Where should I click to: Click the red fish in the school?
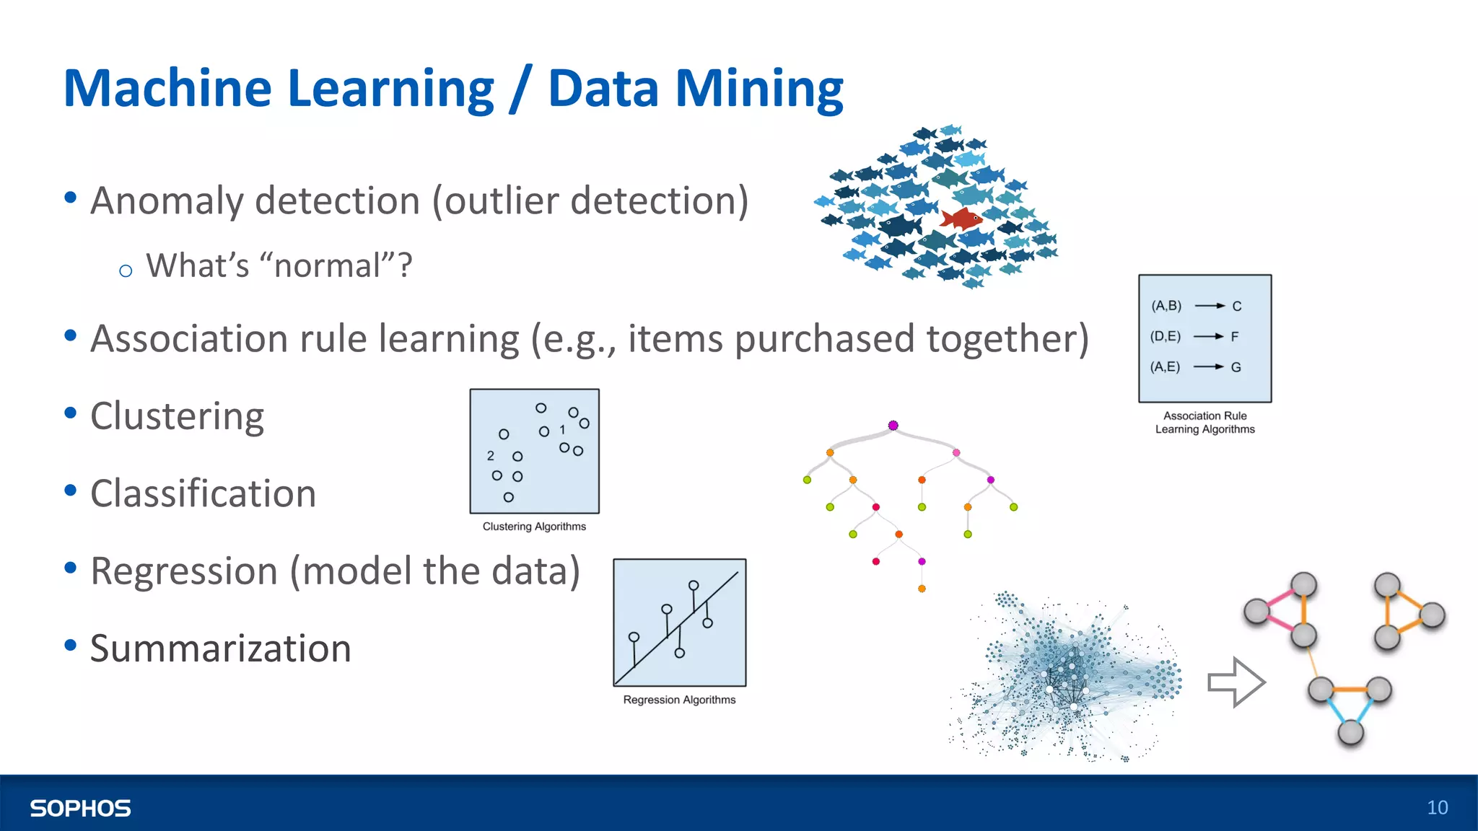pos(961,218)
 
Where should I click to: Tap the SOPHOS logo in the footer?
pos(80,808)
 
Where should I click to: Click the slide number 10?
pos(1437,807)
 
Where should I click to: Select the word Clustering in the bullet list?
pos(177,416)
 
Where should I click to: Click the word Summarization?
pos(220,648)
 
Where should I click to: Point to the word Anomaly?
pos(167,201)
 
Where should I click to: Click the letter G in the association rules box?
pos(1236,367)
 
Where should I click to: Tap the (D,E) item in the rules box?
pos(1165,336)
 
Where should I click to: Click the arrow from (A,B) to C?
pos(1210,306)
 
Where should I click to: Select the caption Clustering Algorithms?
pos(534,527)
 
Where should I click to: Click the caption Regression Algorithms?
pos(679,700)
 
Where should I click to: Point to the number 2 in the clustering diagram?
pos(491,456)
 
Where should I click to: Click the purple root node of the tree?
pos(893,426)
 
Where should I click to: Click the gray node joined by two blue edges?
pos(1350,733)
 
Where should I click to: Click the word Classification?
pos(203,494)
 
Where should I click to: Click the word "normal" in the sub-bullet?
pos(327,265)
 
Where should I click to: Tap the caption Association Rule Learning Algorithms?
pos(1204,423)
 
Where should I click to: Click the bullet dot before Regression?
pos(70,568)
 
